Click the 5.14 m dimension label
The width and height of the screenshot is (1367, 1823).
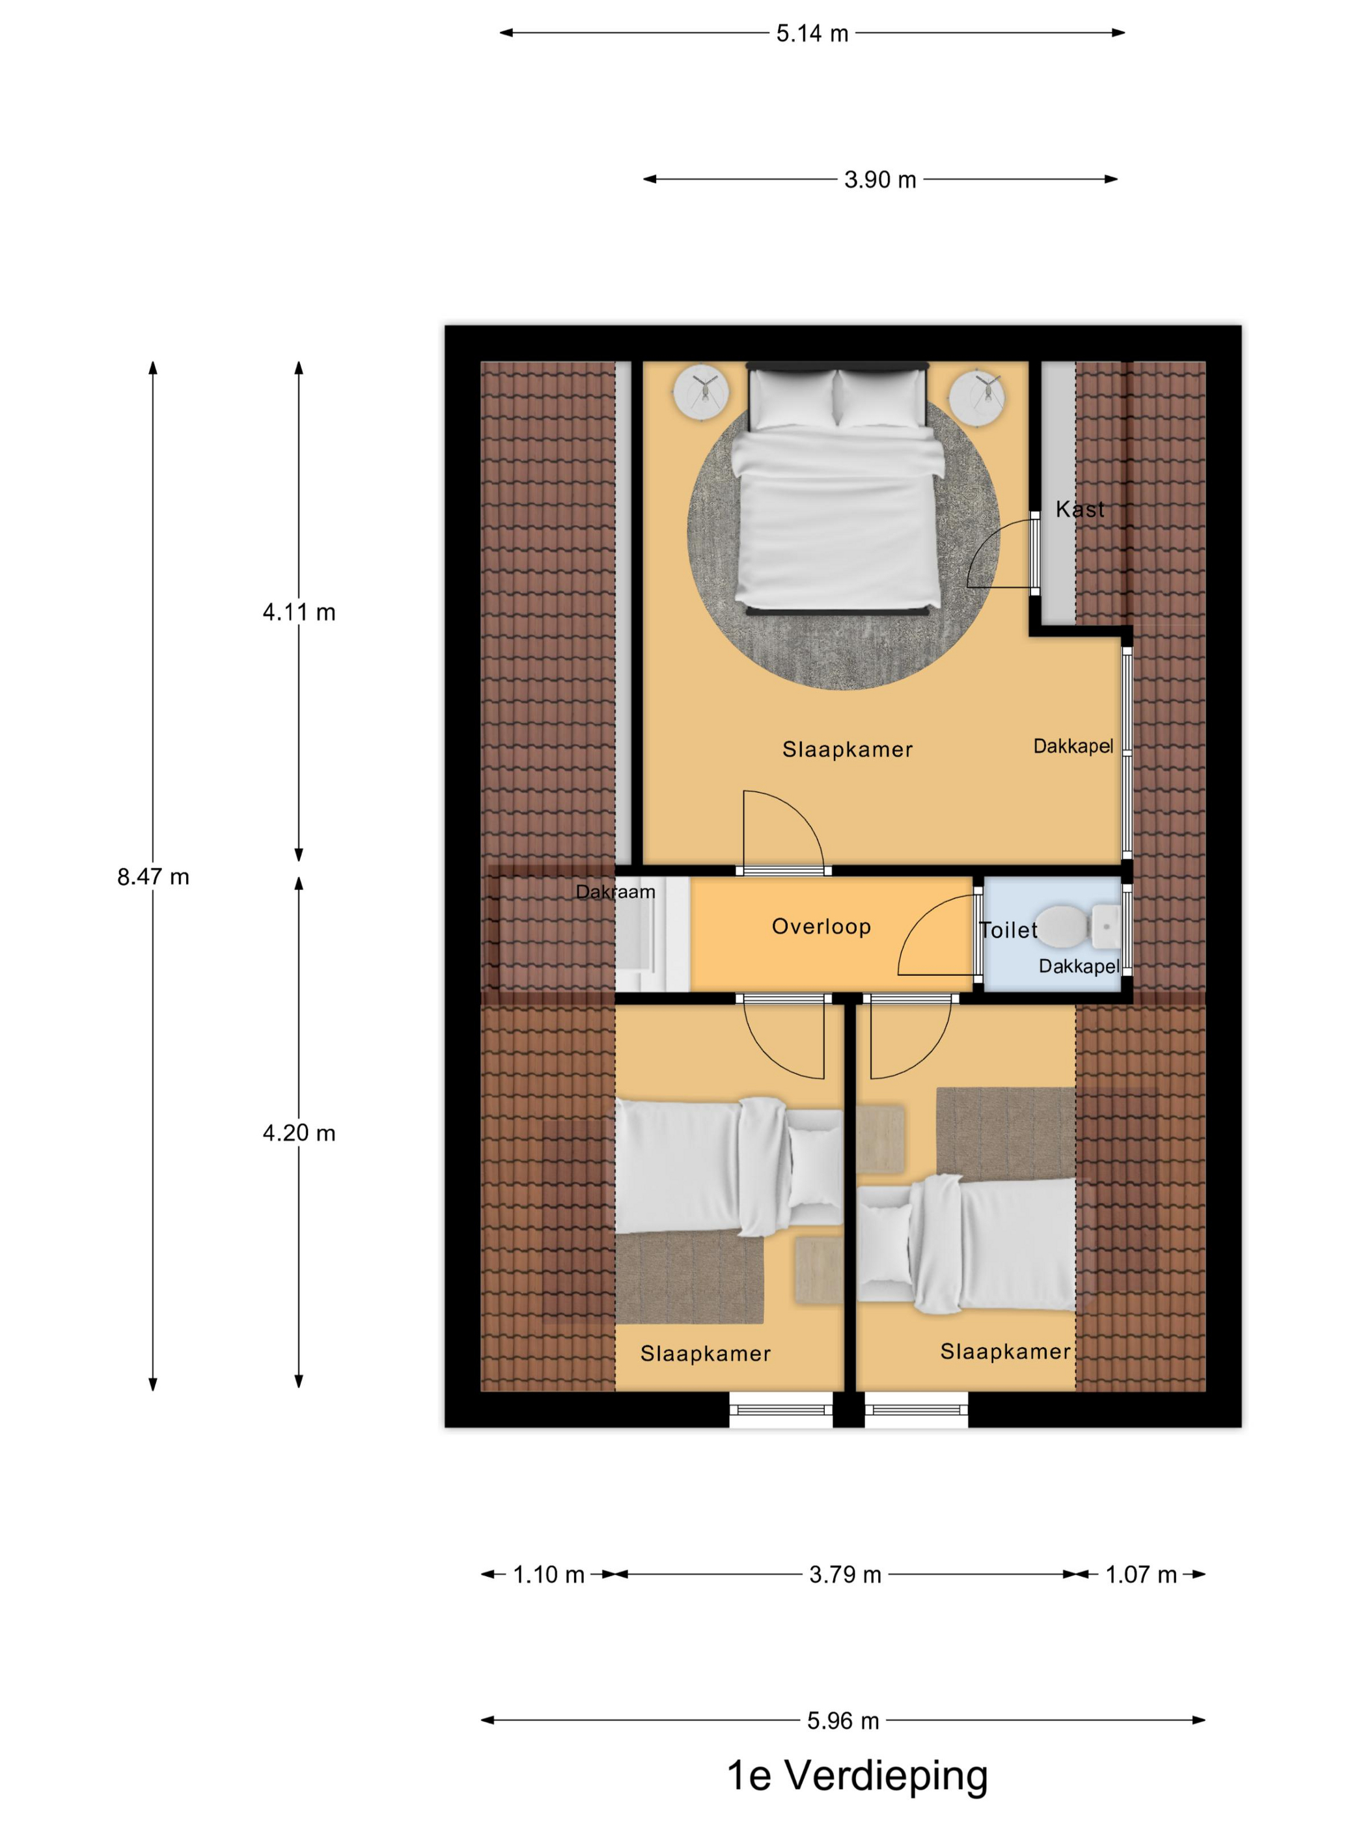coord(812,34)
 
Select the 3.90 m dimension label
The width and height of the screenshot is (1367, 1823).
coord(880,180)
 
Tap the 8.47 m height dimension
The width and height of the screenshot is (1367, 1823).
coord(153,877)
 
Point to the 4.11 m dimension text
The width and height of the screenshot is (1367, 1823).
coord(299,613)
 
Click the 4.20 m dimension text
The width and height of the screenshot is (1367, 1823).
coord(299,1134)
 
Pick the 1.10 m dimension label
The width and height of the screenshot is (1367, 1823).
coord(549,1575)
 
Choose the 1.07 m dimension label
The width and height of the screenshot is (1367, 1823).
coord(1140,1575)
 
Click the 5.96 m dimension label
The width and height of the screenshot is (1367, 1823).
coord(843,1721)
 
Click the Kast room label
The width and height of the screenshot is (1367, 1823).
coord(1079,509)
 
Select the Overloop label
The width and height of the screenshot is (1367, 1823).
coord(822,927)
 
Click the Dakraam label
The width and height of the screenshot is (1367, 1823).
coord(616,892)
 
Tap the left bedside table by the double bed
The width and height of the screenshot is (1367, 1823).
coord(700,393)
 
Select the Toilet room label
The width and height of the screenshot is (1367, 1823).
coord(1008,930)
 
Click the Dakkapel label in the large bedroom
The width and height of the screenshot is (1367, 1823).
coord(1073,747)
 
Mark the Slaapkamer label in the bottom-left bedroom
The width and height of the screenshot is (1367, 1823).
coord(706,1354)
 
